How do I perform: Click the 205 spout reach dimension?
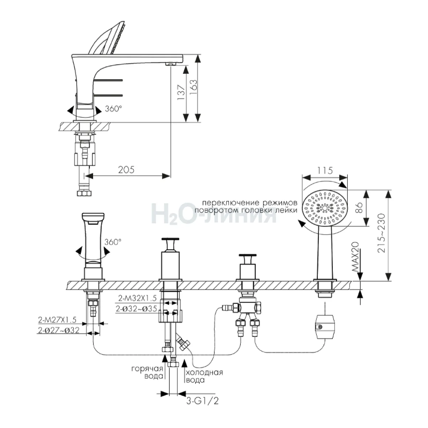pyautogui.click(x=126, y=170)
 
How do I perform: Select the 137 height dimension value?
pyautogui.click(x=182, y=92)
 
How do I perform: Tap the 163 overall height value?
pyautogui.click(x=193, y=87)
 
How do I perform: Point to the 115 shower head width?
pyautogui.click(x=325, y=170)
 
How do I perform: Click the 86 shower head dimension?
pyautogui.click(x=359, y=208)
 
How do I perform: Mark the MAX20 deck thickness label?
pyautogui.click(x=355, y=258)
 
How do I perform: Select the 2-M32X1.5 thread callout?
pyautogui.click(x=137, y=298)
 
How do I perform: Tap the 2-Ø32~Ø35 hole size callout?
pyautogui.click(x=136, y=309)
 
